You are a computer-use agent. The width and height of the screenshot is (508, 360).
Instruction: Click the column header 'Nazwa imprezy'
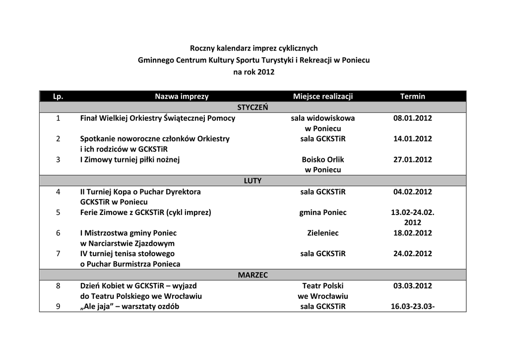point(182,96)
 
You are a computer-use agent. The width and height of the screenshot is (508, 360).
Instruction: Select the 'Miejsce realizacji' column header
point(323,96)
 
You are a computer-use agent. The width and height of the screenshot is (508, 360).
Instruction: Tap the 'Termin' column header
point(413,96)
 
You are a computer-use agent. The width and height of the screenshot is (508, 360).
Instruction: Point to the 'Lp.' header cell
point(58,96)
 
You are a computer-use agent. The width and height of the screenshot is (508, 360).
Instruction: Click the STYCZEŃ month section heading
point(253,107)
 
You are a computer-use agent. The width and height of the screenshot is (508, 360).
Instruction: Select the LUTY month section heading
point(253,181)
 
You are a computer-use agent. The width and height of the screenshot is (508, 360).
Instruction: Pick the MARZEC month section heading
point(253,275)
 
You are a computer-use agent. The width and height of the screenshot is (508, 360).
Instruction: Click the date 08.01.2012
point(413,118)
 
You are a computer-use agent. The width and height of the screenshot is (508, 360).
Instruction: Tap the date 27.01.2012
point(413,159)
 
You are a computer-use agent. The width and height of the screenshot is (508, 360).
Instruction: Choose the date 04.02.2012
point(413,192)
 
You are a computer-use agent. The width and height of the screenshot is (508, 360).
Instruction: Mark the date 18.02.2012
point(413,233)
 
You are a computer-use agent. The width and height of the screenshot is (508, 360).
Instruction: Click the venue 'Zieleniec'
point(323,233)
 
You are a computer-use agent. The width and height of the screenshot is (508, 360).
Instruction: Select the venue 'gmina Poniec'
point(323,213)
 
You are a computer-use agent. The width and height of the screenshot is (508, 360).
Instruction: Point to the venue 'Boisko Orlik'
point(323,159)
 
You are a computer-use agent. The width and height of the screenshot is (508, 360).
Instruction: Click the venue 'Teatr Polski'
point(323,286)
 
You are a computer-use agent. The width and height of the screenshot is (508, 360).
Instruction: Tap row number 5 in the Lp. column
point(58,213)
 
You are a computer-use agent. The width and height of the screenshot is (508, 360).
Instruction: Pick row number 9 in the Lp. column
point(58,306)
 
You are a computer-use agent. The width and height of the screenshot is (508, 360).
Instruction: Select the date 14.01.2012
point(413,139)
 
